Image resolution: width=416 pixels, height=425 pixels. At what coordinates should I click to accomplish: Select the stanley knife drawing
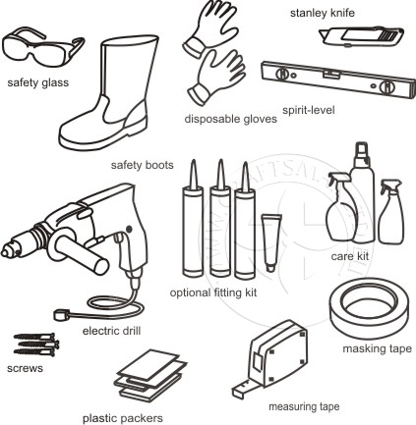[361, 36]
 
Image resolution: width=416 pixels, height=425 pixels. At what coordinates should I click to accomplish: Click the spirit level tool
[337, 80]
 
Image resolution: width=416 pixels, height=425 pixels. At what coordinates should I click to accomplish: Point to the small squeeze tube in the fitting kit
[270, 242]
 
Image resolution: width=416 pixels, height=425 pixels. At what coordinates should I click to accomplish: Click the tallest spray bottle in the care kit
[362, 193]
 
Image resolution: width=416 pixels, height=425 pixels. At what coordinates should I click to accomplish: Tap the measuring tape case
[278, 353]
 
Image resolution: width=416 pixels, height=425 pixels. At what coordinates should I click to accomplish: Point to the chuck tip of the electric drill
[6, 252]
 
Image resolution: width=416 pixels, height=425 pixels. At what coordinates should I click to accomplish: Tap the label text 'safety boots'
[143, 165]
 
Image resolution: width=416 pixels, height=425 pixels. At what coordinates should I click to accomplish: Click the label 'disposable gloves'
[231, 119]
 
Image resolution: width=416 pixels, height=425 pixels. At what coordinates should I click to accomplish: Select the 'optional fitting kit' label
[213, 292]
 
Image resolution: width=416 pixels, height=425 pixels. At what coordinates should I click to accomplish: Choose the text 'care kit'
[350, 256]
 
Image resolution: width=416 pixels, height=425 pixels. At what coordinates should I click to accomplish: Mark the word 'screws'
[25, 369]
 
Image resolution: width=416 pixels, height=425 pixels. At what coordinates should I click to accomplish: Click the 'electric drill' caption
[111, 331]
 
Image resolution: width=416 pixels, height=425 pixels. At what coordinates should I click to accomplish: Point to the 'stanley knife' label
[323, 13]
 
